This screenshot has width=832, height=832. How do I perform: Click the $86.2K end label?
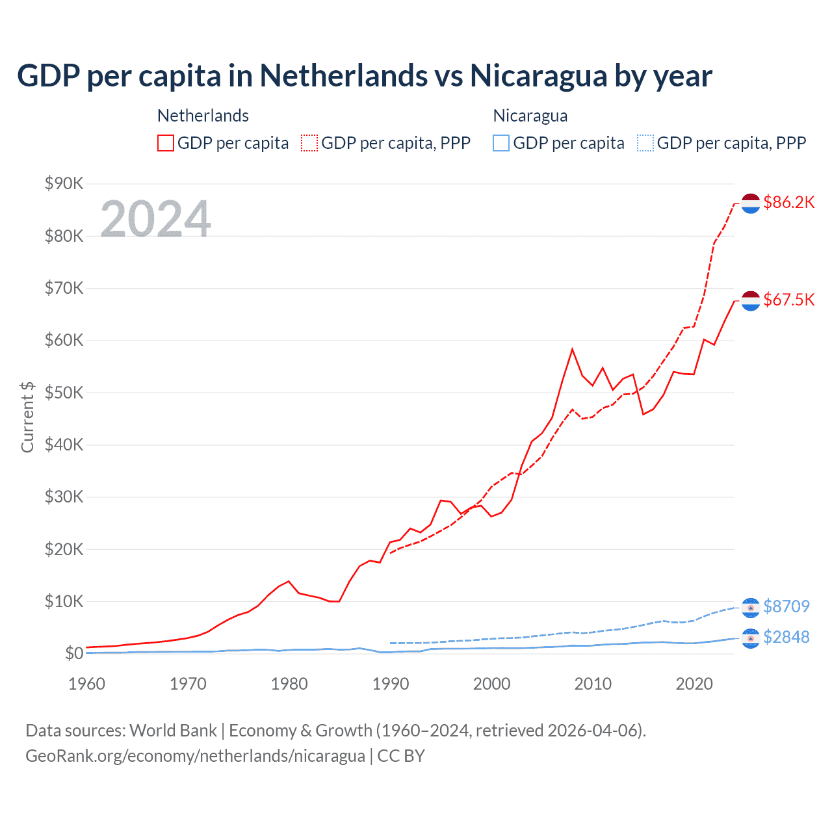788,202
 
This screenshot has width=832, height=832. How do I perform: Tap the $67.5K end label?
788,300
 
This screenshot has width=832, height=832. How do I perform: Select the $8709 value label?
786,606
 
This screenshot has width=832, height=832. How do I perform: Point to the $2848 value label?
786,637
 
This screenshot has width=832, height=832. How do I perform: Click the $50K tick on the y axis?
64,393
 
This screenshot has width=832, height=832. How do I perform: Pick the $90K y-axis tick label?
64,183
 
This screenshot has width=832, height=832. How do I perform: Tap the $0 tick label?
74,653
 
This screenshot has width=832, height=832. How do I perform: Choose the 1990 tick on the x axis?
391,684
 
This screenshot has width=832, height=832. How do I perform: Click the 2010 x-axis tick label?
593,684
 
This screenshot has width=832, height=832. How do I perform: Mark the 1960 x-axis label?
86,684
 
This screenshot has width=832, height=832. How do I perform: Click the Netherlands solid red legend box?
166,143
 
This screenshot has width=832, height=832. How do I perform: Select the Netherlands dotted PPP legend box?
309,143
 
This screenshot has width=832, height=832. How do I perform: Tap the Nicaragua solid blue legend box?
501,143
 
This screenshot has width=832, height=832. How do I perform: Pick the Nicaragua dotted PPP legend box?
645,143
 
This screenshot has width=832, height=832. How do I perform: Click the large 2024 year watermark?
156,218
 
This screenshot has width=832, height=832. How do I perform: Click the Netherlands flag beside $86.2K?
751,203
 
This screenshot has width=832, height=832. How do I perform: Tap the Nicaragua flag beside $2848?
751,638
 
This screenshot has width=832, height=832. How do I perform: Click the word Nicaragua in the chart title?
538,76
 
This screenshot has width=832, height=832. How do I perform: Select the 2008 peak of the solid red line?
572,350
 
